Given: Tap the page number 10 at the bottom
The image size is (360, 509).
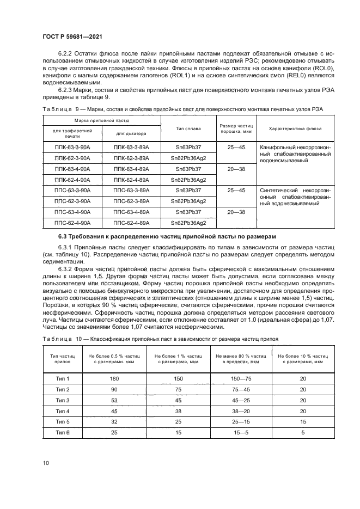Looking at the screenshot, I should pos(46,463).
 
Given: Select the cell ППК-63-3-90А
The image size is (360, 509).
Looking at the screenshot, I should pos(72,148).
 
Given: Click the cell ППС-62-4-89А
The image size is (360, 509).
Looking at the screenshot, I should pos(131,223).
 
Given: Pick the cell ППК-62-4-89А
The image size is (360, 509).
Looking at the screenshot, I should pos(131,180).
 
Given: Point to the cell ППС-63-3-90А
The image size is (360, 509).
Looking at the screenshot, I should pos(72,191).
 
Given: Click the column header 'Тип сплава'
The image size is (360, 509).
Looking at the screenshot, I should pos(188,128).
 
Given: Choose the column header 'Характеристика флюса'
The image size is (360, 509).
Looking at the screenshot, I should pos(295,128).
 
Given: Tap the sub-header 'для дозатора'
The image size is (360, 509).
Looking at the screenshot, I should pos(131,133).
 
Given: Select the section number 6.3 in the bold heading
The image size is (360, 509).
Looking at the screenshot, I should pos(64,236).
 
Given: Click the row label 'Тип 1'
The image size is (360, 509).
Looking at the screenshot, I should pos(64,378).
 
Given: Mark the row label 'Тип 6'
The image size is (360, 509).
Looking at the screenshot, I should pos(64,432).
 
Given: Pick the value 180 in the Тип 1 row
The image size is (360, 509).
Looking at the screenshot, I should pos(114,378).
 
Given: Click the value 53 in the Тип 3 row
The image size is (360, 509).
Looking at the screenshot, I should pos(114,400).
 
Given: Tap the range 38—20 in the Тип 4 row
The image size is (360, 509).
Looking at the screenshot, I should pos(241,411).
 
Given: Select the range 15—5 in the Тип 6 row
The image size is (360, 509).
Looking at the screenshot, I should pos(241,432).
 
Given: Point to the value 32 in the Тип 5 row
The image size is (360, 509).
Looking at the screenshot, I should pos(114,421).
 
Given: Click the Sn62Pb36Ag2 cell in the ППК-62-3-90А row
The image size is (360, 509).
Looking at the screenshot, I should pos(188,158).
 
